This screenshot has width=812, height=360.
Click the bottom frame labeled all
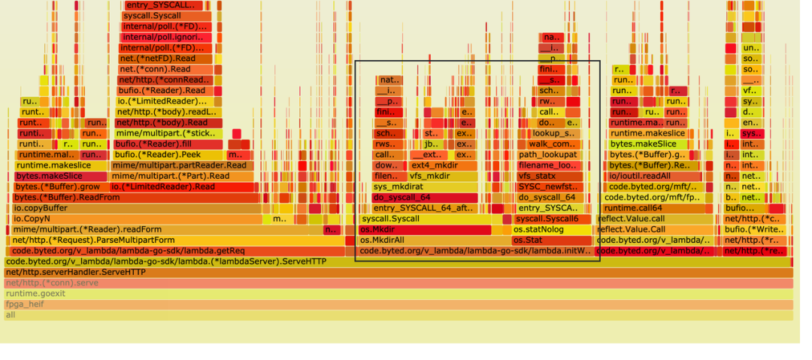[x=398, y=316]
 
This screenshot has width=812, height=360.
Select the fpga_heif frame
[x=398, y=305]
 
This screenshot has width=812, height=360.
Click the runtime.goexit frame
[x=398, y=294]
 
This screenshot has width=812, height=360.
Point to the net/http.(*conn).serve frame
[x=398, y=283]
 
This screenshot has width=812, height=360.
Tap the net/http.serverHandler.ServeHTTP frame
[x=398, y=273]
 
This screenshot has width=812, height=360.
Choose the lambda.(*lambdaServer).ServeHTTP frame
[x=398, y=262]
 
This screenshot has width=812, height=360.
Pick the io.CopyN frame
[x=135, y=219]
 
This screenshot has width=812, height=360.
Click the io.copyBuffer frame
[x=135, y=208]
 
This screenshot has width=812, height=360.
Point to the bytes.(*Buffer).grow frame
[x=60, y=187]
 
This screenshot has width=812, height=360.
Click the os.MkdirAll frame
[x=429, y=241]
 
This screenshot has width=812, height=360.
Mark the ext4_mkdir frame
[x=442, y=165]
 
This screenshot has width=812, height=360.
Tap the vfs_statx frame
[x=549, y=177]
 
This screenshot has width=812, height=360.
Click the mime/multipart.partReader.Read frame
[x=180, y=165]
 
